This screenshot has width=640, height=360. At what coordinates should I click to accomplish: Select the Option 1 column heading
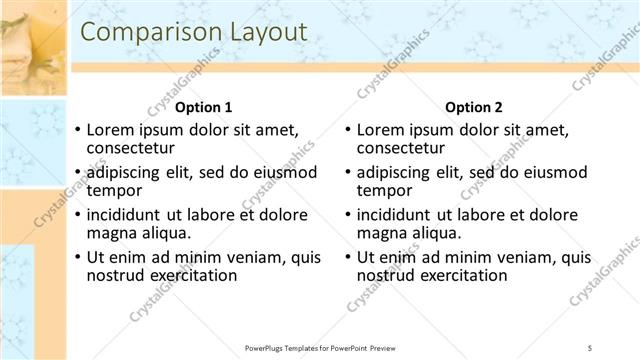[x=204, y=107]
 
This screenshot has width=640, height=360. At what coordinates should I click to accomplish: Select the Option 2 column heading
[x=474, y=107]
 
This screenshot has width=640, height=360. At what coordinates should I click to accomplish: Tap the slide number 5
[x=590, y=347]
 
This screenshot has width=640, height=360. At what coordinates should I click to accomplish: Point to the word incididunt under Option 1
[x=130, y=215]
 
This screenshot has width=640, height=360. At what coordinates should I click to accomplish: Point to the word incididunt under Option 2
[x=400, y=215]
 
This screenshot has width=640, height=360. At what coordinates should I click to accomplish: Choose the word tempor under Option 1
[x=115, y=190]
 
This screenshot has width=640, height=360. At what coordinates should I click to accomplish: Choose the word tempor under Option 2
[x=385, y=190]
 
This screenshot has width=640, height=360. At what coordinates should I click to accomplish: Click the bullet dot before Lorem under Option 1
[x=78, y=131]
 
